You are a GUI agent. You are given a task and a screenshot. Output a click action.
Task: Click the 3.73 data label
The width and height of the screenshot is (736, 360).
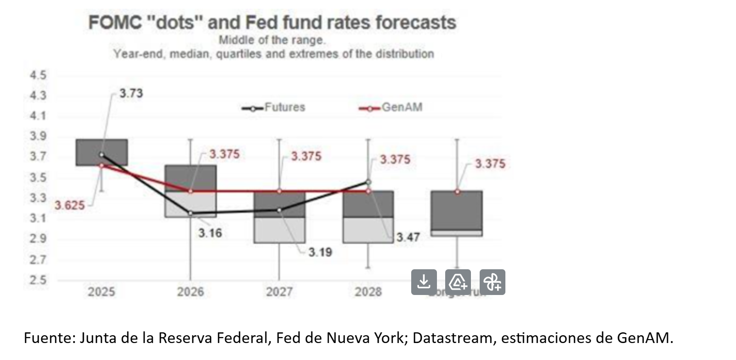pyautogui.click(x=131, y=93)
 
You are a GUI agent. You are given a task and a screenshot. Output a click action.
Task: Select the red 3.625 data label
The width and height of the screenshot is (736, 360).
pyautogui.click(x=69, y=205)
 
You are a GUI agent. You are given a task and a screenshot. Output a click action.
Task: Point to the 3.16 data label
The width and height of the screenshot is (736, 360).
pyautogui.click(x=210, y=233)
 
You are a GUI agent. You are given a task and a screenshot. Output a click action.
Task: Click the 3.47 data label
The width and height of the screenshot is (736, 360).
pyautogui.click(x=408, y=237)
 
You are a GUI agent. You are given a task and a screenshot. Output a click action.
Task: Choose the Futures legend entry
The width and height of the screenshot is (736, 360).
pyautogui.click(x=284, y=107)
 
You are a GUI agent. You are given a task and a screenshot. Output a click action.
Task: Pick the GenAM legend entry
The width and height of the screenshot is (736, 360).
pyautogui.click(x=401, y=107)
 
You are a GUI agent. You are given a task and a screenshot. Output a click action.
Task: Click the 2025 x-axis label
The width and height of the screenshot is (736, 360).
pyautogui.click(x=101, y=292)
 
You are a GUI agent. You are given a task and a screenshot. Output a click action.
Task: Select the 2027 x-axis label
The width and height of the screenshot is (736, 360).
pyautogui.click(x=280, y=292)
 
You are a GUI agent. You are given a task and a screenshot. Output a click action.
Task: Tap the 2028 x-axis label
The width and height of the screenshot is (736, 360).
pyautogui.click(x=368, y=292)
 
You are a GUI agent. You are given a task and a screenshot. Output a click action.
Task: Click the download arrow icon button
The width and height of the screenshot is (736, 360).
pyautogui.click(x=424, y=282)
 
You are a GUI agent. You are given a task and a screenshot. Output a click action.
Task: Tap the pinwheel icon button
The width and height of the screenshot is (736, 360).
pyautogui.click(x=492, y=282)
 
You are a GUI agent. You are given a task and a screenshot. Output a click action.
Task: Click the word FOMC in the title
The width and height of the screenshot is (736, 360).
pyautogui.click(x=115, y=23)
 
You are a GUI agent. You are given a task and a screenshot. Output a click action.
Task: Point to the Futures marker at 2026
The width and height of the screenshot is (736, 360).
pyautogui.click(x=190, y=213)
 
